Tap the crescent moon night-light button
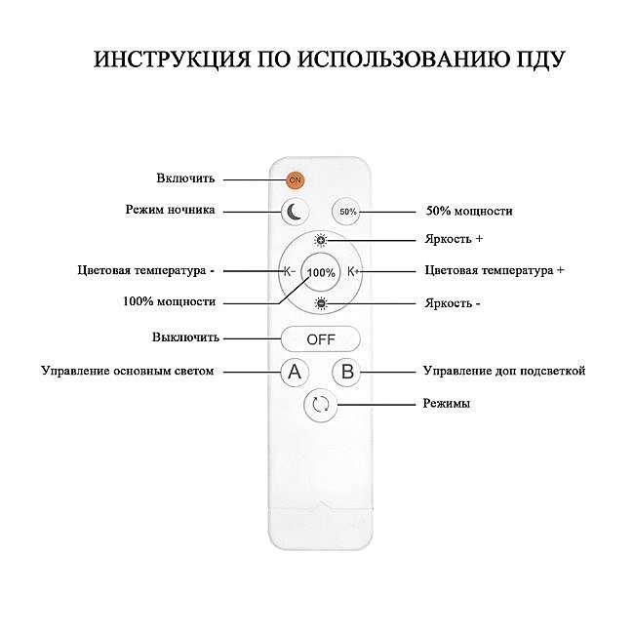pyautogui.click(x=296, y=210)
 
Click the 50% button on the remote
pyautogui.click(x=347, y=211)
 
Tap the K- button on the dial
pyautogui.click(x=289, y=271)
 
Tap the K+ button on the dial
pyautogui.click(x=354, y=271)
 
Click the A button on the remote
pyautogui.click(x=295, y=372)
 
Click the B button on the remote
pyautogui.click(x=347, y=372)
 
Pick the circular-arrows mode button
pyautogui.click(x=321, y=405)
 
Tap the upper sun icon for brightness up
pyautogui.click(x=321, y=240)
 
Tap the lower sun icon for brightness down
pyautogui.click(x=321, y=304)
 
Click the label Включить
pyautogui.click(x=185, y=178)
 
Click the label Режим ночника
pyautogui.click(x=171, y=210)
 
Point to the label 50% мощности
pyautogui.click(x=469, y=211)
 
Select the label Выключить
pyautogui.click(x=185, y=337)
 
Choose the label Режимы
pyautogui.click(x=448, y=403)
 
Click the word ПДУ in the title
pyautogui.click(x=536, y=59)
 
